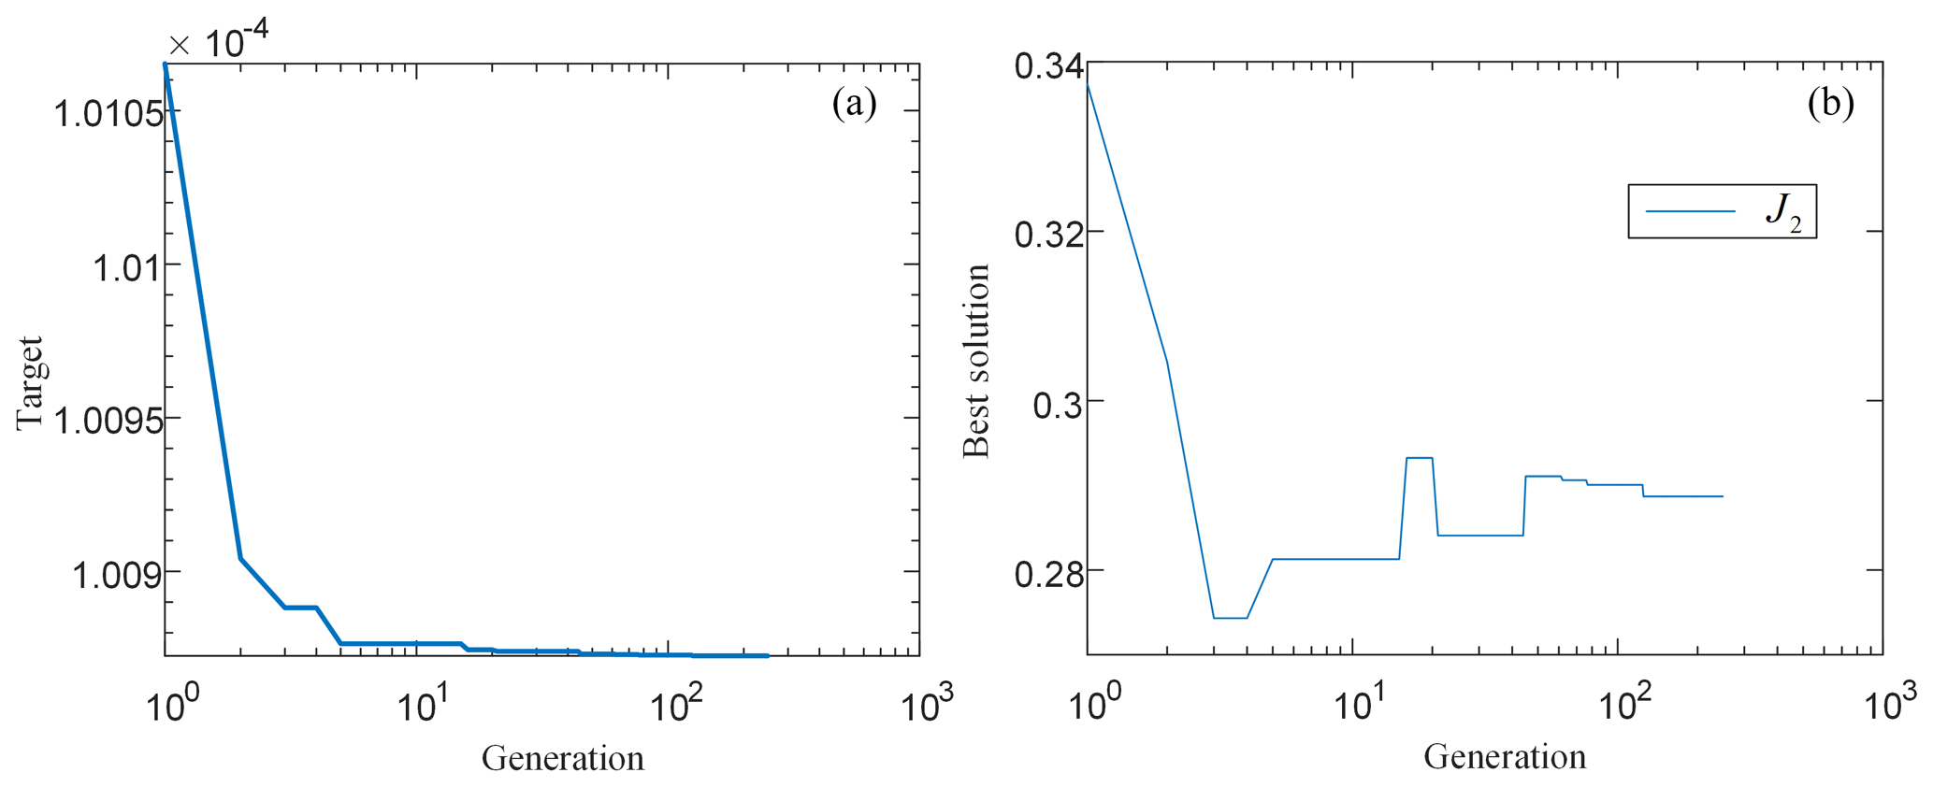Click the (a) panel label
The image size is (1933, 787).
[x=854, y=104]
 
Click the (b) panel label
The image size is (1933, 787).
[x=1830, y=103]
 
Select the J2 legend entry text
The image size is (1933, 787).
[x=1783, y=212]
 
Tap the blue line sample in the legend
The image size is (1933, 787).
[x=1690, y=212]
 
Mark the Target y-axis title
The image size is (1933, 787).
[x=30, y=383]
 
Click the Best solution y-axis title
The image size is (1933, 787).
[x=976, y=361]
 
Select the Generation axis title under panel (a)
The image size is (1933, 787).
[x=563, y=757]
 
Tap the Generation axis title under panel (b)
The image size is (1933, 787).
[x=1505, y=756]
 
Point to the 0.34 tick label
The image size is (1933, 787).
[x=1049, y=67]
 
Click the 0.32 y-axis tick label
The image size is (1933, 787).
[x=1049, y=234]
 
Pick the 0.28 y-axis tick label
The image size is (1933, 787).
[x=1049, y=572]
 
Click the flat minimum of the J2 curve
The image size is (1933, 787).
[x=1230, y=618]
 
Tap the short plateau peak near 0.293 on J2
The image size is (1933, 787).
[x=1420, y=458]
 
